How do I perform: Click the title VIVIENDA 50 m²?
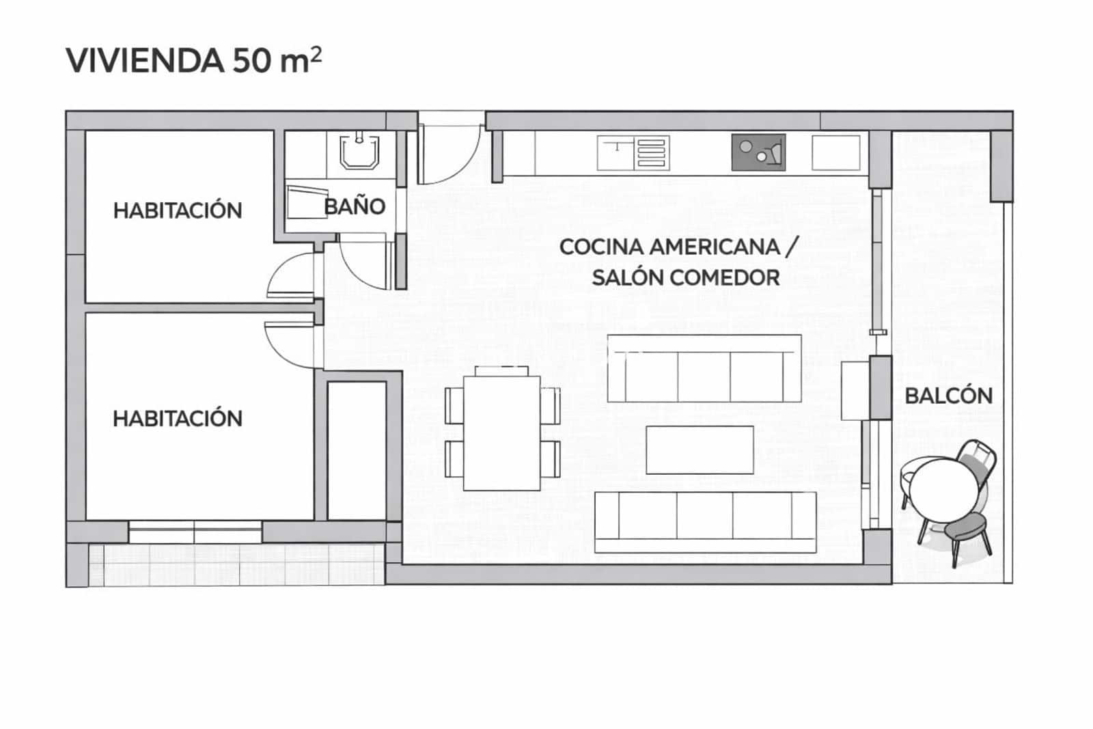pyautogui.click(x=193, y=60)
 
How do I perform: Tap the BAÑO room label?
pyautogui.click(x=355, y=206)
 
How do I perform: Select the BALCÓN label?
pyautogui.click(x=948, y=396)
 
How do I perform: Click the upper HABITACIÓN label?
pyautogui.click(x=178, y=210)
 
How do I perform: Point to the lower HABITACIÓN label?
pyautogui.click(x=178, y=418)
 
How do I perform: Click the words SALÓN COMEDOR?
pyautogui.click(x=685, y=278)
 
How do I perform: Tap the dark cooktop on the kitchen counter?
pyautogui.click(x=758, y=152)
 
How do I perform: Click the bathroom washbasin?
pyautogui.click(x=360, y=152)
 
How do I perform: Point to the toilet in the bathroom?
pyautogui.click(x=305, y=202)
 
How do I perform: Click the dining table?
pyautogui.click(x=502, y=432)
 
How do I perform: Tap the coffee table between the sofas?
pyautogui.click(x=700, y=450)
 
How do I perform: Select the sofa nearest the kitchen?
pyautogui.click(x=704, y=369)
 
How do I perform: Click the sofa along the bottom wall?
pyautogui.click(x=705, y=521)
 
